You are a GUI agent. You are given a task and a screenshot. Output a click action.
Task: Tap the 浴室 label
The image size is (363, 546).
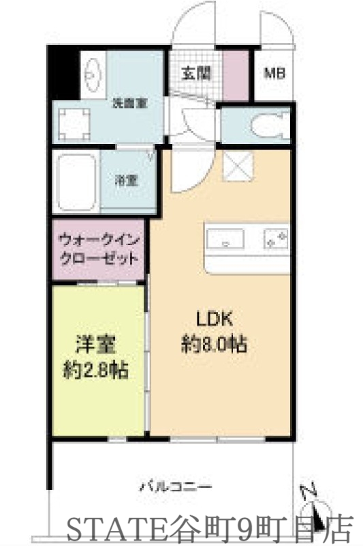point(126,181)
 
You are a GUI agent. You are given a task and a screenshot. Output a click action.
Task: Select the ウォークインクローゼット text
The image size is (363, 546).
point(99,249)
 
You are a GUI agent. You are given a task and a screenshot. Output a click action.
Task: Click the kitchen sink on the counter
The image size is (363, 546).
point(227,240)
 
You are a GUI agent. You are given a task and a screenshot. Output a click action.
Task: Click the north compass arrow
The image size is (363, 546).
point(315,505)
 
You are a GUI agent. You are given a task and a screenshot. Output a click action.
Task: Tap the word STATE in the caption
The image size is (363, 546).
point(105,526)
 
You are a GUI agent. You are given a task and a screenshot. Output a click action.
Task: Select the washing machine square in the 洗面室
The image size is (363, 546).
point(73,124)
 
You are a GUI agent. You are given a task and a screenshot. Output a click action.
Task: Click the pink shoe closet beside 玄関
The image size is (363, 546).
point(236,72)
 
